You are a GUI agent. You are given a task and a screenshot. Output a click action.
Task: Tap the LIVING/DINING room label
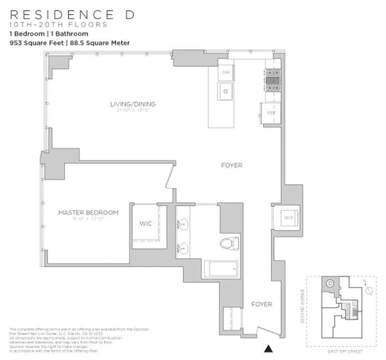coord(133,104)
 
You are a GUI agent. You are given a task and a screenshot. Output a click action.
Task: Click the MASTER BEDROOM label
coord(88,212)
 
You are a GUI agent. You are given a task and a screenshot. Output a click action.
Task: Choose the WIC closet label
coord(145,224)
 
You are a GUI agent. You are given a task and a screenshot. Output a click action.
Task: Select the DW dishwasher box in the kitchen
coord(225,73)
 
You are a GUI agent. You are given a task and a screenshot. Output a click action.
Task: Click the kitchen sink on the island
coord(225,91)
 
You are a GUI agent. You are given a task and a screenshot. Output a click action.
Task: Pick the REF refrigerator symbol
coord(271,113)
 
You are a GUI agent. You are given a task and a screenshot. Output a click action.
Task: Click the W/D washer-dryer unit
coord(289,218)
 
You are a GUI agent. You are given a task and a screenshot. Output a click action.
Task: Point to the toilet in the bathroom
coord(229,243)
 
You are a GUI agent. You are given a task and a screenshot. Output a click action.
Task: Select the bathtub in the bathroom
coord(221,269)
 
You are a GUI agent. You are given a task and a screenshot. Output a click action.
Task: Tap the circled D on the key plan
coord(331,284)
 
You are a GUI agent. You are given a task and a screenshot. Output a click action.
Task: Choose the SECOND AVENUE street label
coord(303,307)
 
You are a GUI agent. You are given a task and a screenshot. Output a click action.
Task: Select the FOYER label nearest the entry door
coord(262,304)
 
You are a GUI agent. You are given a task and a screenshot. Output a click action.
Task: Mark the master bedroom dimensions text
coord(88,219)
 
